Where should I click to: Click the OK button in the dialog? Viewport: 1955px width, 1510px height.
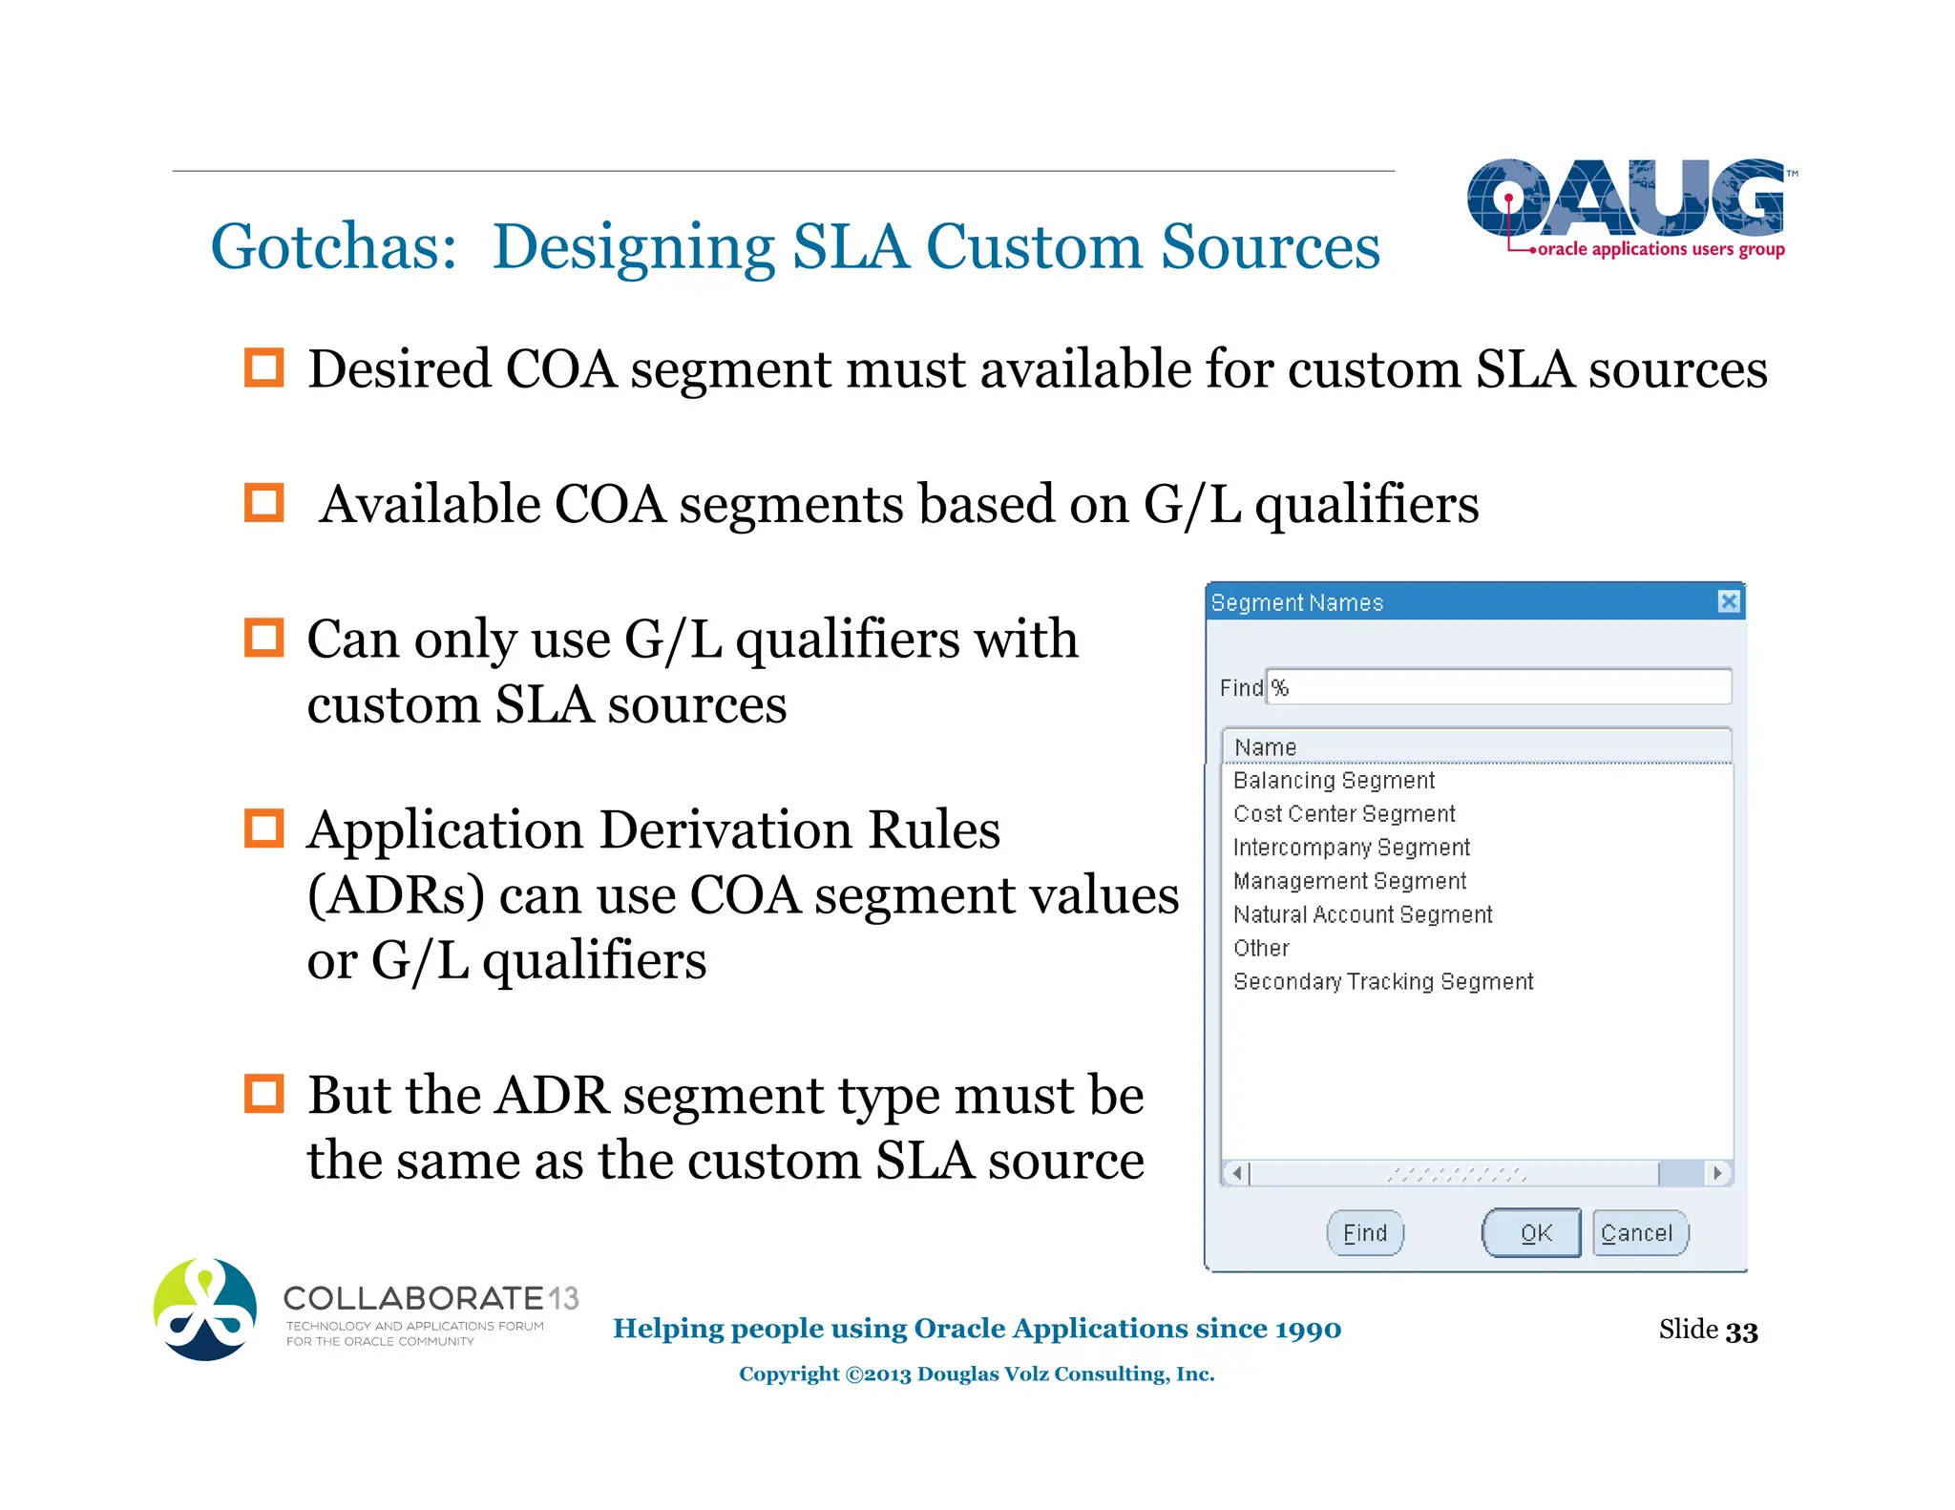(1531, 1233)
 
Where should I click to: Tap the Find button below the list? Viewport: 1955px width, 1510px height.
(1365, 1233)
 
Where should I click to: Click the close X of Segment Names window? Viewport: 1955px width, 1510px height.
(1728, 601)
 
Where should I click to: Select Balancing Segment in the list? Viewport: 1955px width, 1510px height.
(1334, 781)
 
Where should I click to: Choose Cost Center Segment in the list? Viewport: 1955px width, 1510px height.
(1344, 814)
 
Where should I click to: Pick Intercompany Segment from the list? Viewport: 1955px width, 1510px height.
(1351, 848)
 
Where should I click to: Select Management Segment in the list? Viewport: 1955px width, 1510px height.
(1349, 881)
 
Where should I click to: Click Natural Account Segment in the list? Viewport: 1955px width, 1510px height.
(1362, 914)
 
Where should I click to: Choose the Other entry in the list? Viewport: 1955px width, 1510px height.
(1261, 948)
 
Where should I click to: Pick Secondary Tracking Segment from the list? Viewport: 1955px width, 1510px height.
(1383, 981)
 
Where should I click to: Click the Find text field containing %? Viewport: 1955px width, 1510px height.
(1499, 687)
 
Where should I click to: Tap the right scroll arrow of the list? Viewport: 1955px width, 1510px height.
(1718, 1172)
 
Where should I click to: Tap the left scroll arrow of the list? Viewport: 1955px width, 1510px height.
(1236, 1172)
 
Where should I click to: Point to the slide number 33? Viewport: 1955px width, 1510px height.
(1741, 1331)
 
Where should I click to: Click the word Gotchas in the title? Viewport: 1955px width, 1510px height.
(333, 247)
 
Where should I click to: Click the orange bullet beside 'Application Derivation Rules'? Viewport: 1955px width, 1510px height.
(263, 828)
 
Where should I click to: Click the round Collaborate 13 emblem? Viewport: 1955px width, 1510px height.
(205, 1310)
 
